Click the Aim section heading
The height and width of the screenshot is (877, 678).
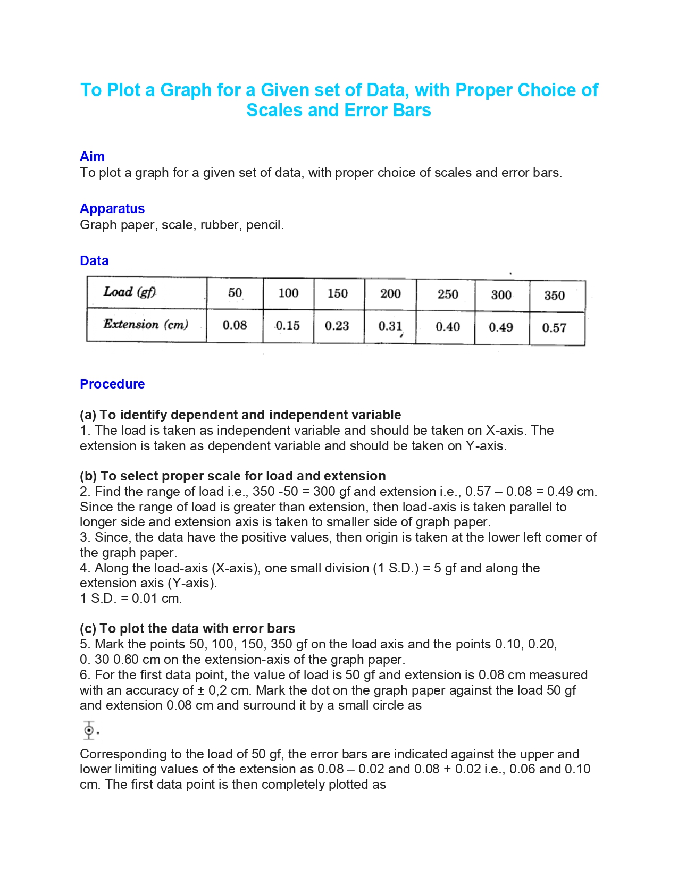[x=92, y=157]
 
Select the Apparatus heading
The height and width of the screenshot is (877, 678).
[x=112, y=209]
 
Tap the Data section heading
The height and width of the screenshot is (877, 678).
[x=94, y=261]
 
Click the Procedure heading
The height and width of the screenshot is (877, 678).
[x=112, y=384]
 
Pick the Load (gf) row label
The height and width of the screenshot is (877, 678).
[x=130, y=292]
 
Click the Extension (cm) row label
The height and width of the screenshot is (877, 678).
[x=146, y=324]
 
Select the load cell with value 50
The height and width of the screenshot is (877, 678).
[x=235, y=293]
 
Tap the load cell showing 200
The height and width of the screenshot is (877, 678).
[x=390, y=293]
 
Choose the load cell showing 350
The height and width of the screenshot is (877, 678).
[x=554, y=296]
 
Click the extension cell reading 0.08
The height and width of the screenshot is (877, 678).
[x=235, y=325]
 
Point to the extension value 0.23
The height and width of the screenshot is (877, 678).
[x=337, y=325]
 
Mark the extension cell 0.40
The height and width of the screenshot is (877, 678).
[x=448, y=327]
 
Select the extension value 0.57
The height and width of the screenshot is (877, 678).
[x=554, y=328]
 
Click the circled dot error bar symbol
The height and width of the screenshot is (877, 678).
[x=89, y=730]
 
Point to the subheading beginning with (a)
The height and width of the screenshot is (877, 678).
[x=240, y=415]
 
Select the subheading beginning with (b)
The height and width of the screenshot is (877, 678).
[x=233, y=476]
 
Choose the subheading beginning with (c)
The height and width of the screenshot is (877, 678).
[x=187, y=629]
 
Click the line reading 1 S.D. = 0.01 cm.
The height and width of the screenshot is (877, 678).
[x=131, y=598]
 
